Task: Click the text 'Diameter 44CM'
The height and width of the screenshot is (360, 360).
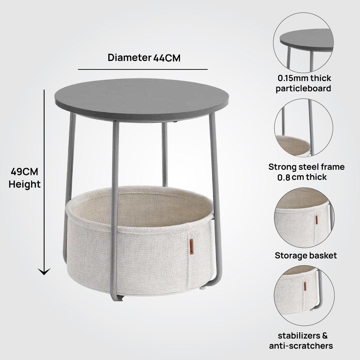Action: pyautogui.click(x=144, y=58)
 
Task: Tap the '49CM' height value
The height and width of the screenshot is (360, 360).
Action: pyautogui.click(x=24, y=172)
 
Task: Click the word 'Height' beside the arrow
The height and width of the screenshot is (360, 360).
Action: pyautogui.click(x=24, y=184)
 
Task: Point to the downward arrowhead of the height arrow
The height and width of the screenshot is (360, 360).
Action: pyautogui.click(x=44, y=272)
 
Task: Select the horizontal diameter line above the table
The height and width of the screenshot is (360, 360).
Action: pyautogui.click(x=143, y=69)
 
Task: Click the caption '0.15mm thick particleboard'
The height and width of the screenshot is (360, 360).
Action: pyautogui.click(x=304, y=83)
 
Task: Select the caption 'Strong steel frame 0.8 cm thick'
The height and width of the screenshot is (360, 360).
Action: pyautogui.click(x=306, y=172)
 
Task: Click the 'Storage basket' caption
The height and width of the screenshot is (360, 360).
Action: pyautogui.click(x=306, y=255)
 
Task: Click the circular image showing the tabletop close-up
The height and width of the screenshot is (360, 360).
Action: pyautogui.click(x=303, y=43)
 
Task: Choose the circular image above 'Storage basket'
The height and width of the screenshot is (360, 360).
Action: pyautogui.click(x=304, y=217)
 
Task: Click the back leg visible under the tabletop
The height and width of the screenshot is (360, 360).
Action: pyautogui.click(x=165, y=154)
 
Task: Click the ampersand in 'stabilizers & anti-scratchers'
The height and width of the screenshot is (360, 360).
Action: pyautogui.click(x=325, y=336)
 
